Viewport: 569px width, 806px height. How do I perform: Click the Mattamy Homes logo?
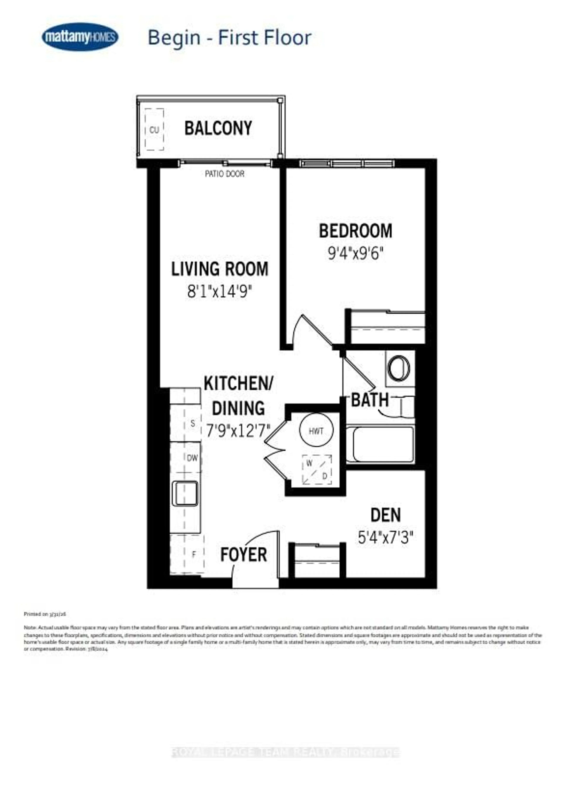click(x=80, y=37)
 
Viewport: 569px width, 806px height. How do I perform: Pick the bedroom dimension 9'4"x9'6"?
click(x=355, y=253)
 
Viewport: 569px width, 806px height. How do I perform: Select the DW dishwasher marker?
click(x=192, y=458)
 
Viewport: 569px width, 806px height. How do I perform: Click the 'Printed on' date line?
click(x=45, y=614)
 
